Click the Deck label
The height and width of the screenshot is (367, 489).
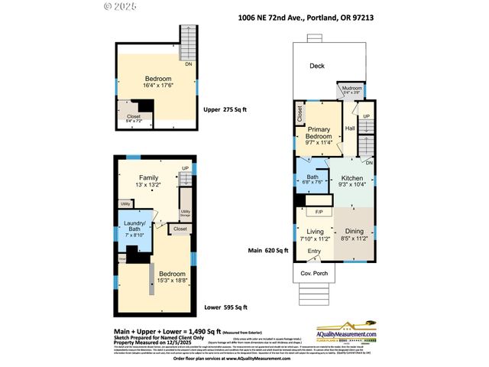(317, 66)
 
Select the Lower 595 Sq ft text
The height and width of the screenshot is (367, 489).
(226, 308)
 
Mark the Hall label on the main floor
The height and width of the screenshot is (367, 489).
(351, 128)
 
